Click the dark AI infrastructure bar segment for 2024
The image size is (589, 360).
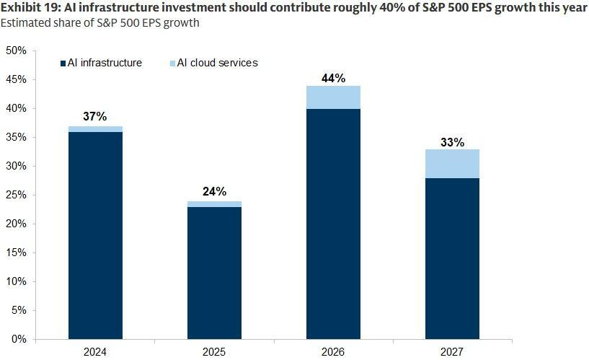[x=95, y=235]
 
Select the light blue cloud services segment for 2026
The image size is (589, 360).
[x=333, y=97]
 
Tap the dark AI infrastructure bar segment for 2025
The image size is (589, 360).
[x=214, y=273]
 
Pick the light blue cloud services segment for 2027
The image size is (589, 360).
[x=452, y=164]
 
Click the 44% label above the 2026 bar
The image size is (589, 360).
[x=333, y=76]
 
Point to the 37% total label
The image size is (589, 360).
[x=95, y=116]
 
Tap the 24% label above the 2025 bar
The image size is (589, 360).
[x=214, y=191]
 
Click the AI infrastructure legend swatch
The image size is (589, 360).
[x=63, y=63]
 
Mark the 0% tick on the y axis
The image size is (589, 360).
[x=19, y=339]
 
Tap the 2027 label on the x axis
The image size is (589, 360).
[x=452, y=352]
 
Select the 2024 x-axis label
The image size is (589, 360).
[x=95, y=352]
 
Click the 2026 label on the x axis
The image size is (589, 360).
[x=333, y=352]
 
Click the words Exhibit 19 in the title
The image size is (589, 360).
[x=29, y=8]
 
